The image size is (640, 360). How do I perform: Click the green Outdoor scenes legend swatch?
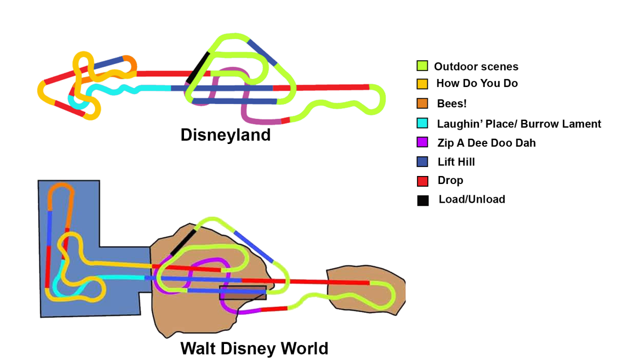point(422,66)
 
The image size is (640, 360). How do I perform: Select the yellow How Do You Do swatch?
point(422,84)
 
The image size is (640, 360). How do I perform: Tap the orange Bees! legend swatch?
point(422,103)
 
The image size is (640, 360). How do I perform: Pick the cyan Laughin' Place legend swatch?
point(422,123)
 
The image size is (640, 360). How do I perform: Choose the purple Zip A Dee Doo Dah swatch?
point(422,142)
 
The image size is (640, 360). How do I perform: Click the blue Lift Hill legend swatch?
point(422,162)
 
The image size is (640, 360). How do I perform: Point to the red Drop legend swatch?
point(422,181)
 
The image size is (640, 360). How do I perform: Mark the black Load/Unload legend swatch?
point(422,201)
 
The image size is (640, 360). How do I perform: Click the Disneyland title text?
point(226,135)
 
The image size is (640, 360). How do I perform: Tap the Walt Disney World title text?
point(254,349)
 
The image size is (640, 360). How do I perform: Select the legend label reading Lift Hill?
point(456,162)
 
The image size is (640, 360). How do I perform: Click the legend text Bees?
point(452,103)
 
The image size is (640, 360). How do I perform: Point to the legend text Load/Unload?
point(471,199)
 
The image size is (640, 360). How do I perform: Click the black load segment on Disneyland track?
point(198,68)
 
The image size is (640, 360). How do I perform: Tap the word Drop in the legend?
point(450,180)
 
